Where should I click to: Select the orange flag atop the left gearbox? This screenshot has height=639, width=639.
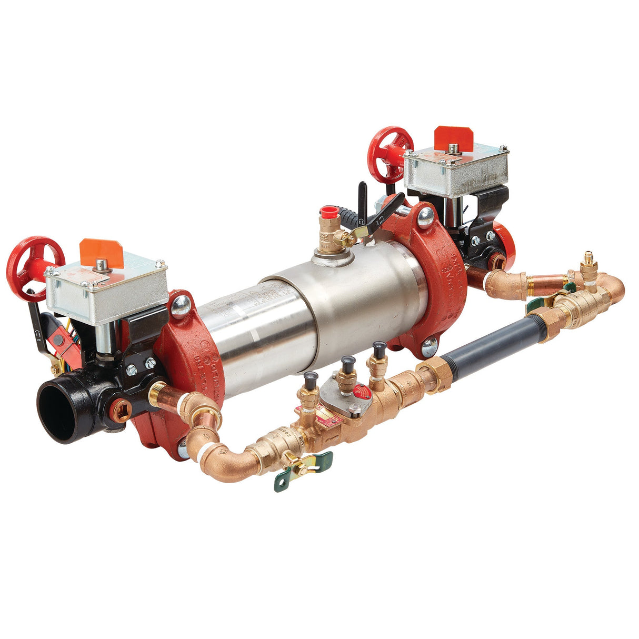[101, 251]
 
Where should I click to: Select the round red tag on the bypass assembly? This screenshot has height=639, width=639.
[362, 392]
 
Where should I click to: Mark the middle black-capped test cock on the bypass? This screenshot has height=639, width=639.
[347, 363]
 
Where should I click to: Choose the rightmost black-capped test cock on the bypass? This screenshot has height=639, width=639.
[379, 347]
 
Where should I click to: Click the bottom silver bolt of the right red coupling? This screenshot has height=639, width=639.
[430, 346]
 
